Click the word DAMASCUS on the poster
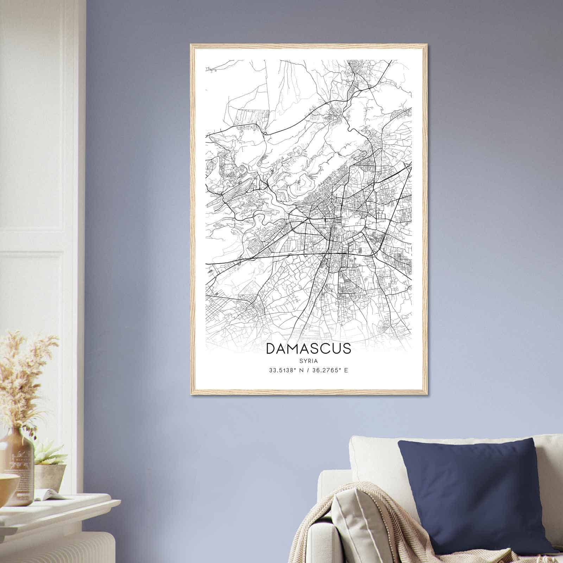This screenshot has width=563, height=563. tap(309, 348)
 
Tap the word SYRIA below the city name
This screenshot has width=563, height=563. tap(309, 361)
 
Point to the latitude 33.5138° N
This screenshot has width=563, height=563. tap(286, 370)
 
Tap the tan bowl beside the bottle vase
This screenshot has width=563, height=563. tap(7, 484)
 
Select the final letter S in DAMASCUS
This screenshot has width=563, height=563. tap(347, 348)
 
